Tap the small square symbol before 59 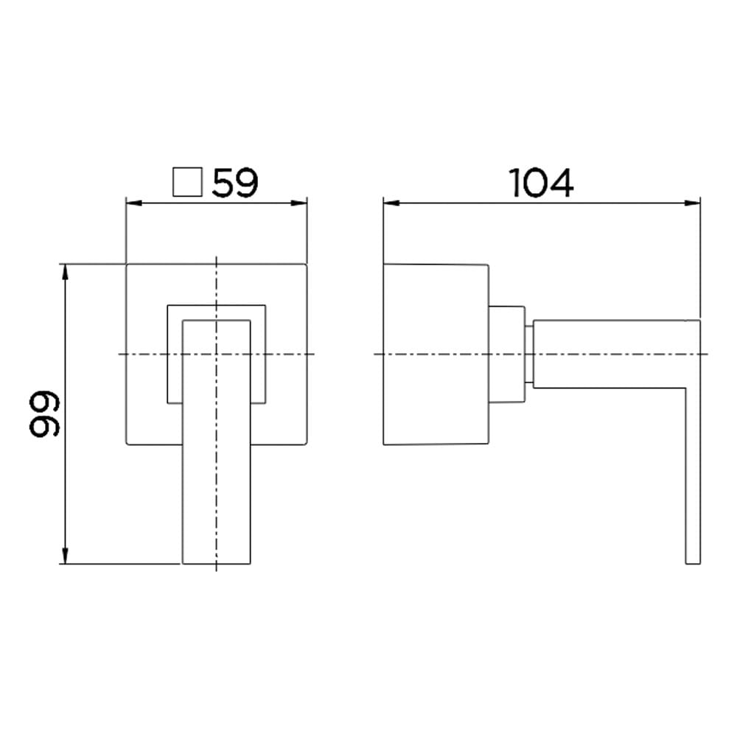tap(186, 183)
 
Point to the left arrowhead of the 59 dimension tap(131, 202)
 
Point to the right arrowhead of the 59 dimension tap(301, 202)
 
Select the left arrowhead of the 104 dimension tap(388, 202)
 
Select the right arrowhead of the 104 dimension tap(694, 202)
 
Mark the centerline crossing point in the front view tap(216, 354)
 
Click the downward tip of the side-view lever tap(692, 562)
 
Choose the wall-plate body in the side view tap(435, 354)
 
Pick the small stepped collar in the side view tap(506, 354)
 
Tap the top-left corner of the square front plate tap(128, 263)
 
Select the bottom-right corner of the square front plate tap(306, 444)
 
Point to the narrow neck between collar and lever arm tap(529, 354)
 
